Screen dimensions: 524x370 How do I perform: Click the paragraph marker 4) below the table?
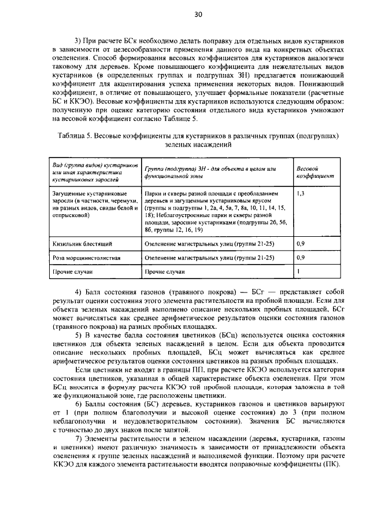pos(79,290)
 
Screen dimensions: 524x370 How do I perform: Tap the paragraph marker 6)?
pos(79,403)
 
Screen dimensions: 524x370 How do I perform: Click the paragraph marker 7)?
pos(79,441)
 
